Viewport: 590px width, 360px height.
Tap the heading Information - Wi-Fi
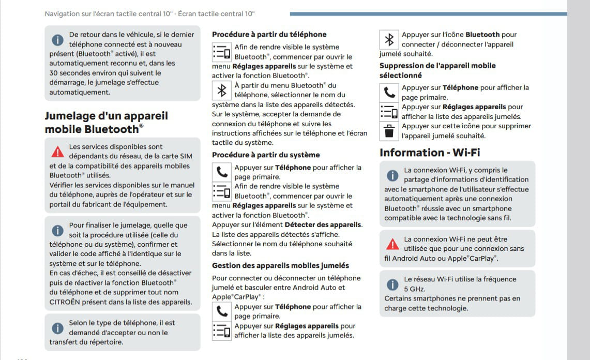coord(430,153)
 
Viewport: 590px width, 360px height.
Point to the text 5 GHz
coord(414,289)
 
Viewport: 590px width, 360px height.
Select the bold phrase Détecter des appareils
coord(323,224)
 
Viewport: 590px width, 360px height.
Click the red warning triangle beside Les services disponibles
coord(57,152)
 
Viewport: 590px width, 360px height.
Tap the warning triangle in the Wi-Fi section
coord(393,244)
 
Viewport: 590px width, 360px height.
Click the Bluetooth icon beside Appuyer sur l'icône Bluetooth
coord(390,40)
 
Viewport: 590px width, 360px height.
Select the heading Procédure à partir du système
coord(266,155)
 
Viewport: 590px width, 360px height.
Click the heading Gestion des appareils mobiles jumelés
coord(280,265)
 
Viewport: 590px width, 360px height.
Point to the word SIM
coord(186,157)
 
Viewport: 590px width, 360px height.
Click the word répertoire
coord(107,342)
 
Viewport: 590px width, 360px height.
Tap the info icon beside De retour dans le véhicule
coord(57,40)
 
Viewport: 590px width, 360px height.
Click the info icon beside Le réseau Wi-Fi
coord(393,284)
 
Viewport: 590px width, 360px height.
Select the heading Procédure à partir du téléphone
coord(269,35)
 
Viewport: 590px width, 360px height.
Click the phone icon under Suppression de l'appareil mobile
coord(390,93)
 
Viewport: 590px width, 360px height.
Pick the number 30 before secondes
coord(54,73)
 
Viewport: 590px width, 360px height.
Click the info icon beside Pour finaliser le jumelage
coord(57,230)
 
